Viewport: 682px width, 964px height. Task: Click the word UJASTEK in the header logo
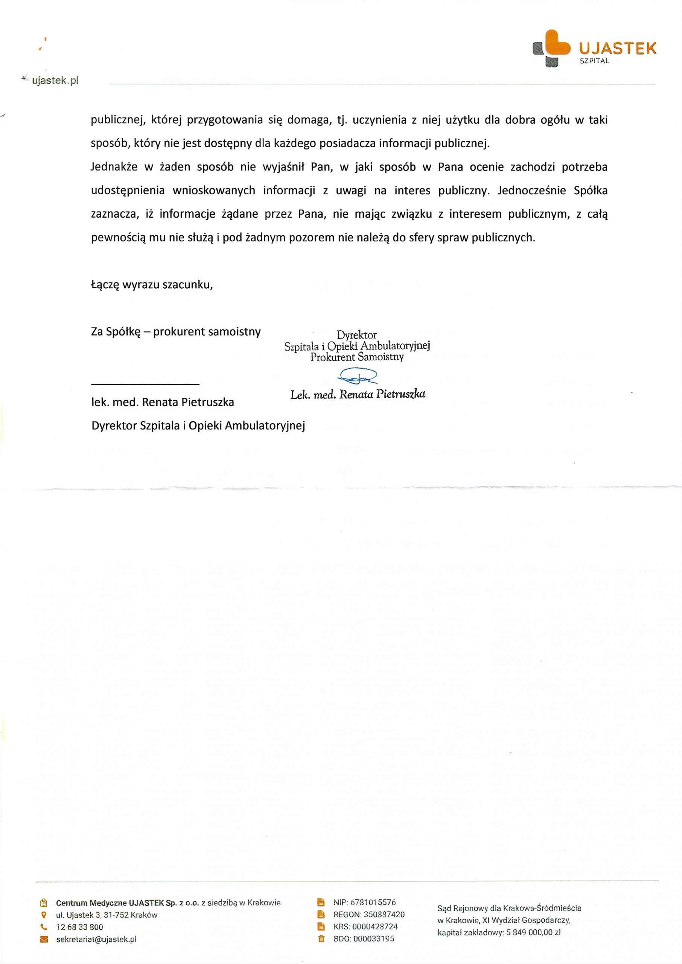pyautogui.click(x=617, y=49)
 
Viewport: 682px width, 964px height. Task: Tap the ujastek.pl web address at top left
pyautogui.click(x=55, y=81)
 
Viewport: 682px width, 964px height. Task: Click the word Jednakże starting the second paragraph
pyautogui.click(x=114, y=167)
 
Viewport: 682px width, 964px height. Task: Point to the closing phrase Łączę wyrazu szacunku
pyautogui.click(x=152, y=285)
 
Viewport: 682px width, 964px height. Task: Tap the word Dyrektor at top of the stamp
pyautogui.click(x=356, y=335)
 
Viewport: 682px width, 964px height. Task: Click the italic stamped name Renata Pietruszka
pyautogui.click(x=382, y=394)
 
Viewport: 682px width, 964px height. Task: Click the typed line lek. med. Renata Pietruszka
pyautogui.click(x=163, y=403)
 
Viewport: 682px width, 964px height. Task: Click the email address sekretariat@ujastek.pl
pyautogui.click(x=96, y=940)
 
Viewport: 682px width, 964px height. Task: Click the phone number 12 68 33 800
pyautogui.click(x=79, y=927)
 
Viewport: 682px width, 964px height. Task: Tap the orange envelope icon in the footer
pyautogui.click(x=44, y=940)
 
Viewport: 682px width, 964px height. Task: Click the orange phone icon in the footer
pyautogui.click(x=44, y=927)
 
